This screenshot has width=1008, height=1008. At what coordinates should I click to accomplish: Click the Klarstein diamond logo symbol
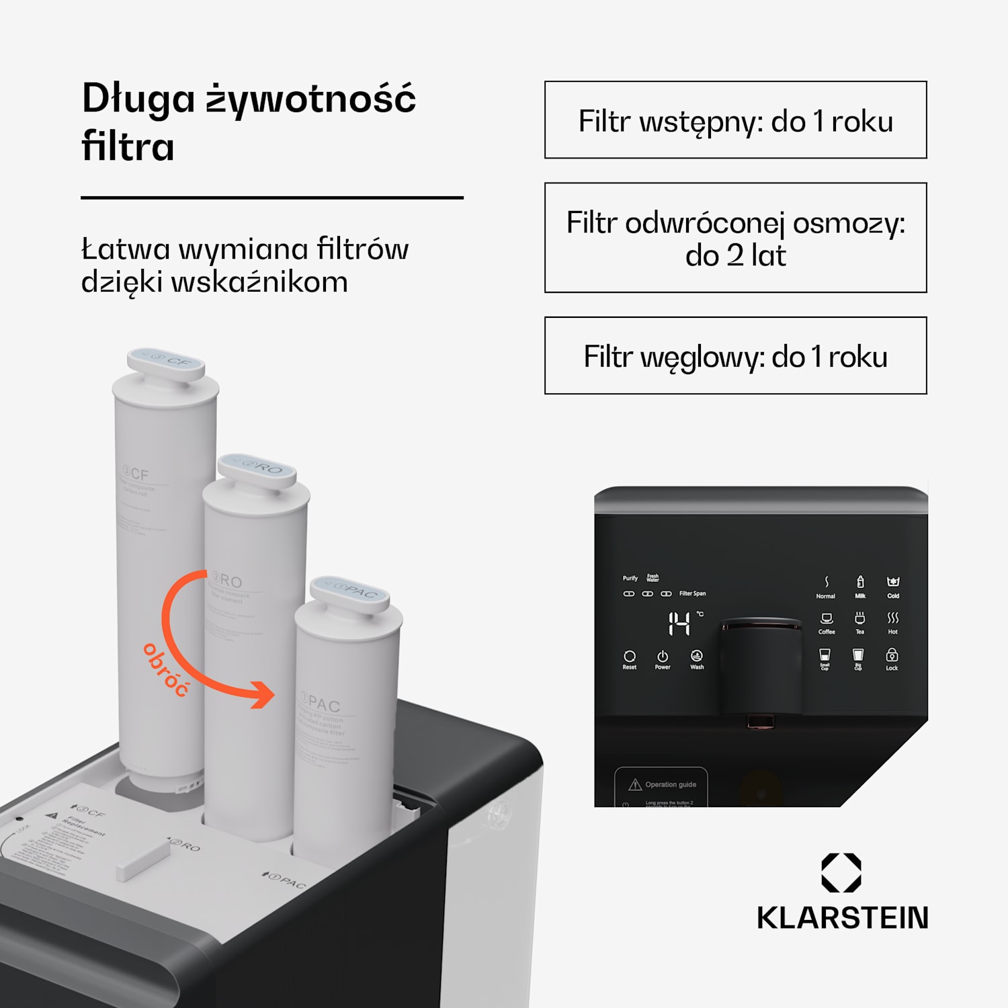pyautogui.click(x=841, y=872)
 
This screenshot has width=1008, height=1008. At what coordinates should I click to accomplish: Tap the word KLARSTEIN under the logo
pyautogui.click(x=842, y=918)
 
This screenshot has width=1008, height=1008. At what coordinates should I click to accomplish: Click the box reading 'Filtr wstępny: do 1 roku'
pyautogui.click(x=735, y=120)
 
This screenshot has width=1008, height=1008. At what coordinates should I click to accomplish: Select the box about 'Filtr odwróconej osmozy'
pyautogui.click(x=735, y=238)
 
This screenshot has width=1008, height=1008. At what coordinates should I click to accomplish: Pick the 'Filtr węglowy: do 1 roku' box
pyautogui.click(x=735, y=355)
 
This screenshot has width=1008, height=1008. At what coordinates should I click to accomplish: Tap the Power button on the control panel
pyautogui.click(x=663, y=657)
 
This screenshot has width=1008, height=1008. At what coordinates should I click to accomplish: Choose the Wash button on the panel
pyautogui.click(x=697, y=657)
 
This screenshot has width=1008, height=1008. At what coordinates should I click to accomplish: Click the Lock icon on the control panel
pyautogui.click(x=892, y=655)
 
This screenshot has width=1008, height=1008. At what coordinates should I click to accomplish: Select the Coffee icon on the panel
pyautogui.click(x=827, y=619)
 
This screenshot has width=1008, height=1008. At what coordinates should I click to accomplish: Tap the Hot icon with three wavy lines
pyautogui.click(x=892, y=618)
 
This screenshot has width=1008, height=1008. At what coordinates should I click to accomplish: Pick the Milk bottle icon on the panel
pyautogui.click(x=860, y=583)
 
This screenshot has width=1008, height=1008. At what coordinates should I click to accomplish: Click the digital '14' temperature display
pyautogui.click(x=679, y=624)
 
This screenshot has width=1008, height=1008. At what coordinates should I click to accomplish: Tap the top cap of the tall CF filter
pyautogui.click(x=166, y=364)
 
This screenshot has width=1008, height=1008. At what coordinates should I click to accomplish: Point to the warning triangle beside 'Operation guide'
pyautogui.click(x=634, y=785)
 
